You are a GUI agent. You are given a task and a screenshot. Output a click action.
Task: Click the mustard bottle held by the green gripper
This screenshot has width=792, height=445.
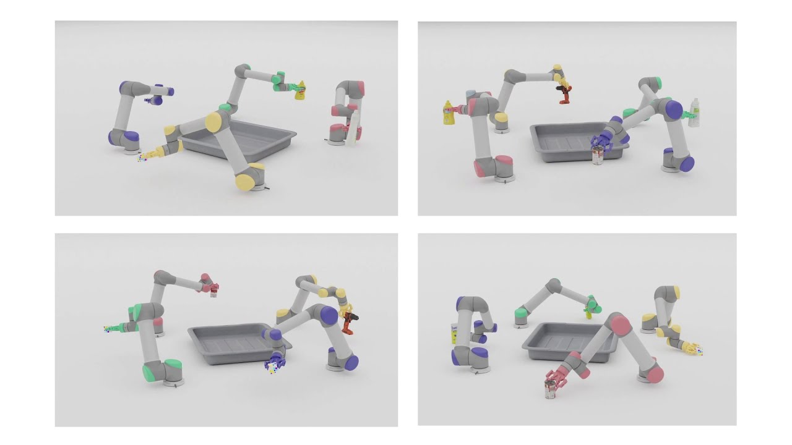300,90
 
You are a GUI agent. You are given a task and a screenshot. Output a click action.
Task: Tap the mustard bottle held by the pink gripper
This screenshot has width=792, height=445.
449,113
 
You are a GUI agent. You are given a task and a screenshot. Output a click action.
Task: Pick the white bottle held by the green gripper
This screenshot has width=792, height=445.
694,113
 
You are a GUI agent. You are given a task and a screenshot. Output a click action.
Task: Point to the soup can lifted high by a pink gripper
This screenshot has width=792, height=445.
213,290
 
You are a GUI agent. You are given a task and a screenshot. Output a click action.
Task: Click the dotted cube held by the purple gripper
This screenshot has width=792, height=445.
271,367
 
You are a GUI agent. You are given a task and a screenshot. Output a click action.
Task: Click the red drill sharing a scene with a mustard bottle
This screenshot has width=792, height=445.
564,95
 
